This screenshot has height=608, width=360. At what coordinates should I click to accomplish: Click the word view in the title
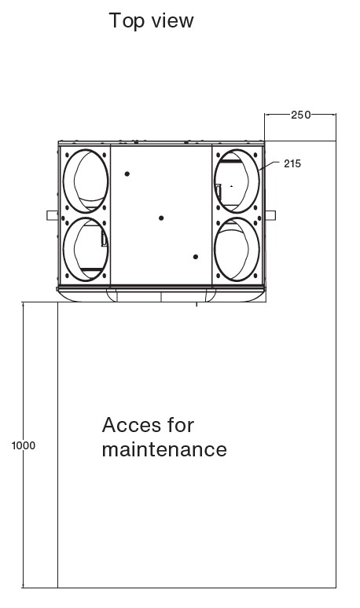coord(172,20)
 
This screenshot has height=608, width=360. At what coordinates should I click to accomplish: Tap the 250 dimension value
coord(300,115)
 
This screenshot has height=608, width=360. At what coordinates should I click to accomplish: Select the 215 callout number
coord(292,163)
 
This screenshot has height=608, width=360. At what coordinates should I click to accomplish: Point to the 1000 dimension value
coord(24,445)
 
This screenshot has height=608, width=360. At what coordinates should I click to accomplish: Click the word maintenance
coord(164,450)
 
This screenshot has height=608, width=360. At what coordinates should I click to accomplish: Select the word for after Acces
coord(180,425)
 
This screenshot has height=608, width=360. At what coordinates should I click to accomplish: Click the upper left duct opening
coord(63,181)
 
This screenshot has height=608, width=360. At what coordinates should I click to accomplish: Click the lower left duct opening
coord(63,249)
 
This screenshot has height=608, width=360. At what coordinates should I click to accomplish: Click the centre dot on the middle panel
coord(161,218)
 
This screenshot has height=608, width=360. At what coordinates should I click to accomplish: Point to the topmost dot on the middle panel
coord(127,174)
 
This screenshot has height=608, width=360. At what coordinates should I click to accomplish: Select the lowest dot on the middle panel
coord(196,257)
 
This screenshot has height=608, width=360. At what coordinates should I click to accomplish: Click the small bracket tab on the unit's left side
coord(53,215)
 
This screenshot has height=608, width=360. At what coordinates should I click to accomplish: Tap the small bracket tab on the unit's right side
coord(270,215)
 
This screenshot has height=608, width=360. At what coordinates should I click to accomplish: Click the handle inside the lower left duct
coord(104,237)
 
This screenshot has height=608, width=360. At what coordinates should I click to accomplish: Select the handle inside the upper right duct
coord(218,192)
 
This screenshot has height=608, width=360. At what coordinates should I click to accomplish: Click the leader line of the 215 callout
coord(269,166)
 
